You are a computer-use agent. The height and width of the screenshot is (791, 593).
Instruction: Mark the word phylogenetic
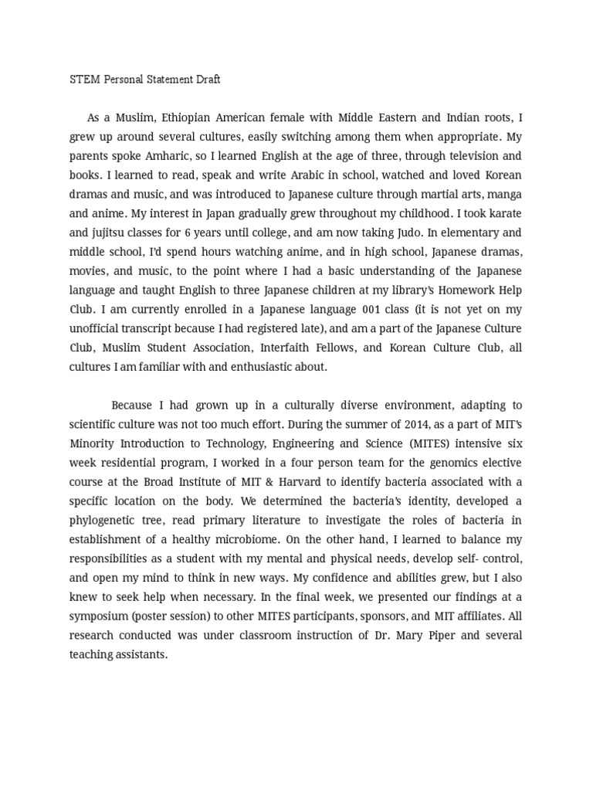click(105, 520)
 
